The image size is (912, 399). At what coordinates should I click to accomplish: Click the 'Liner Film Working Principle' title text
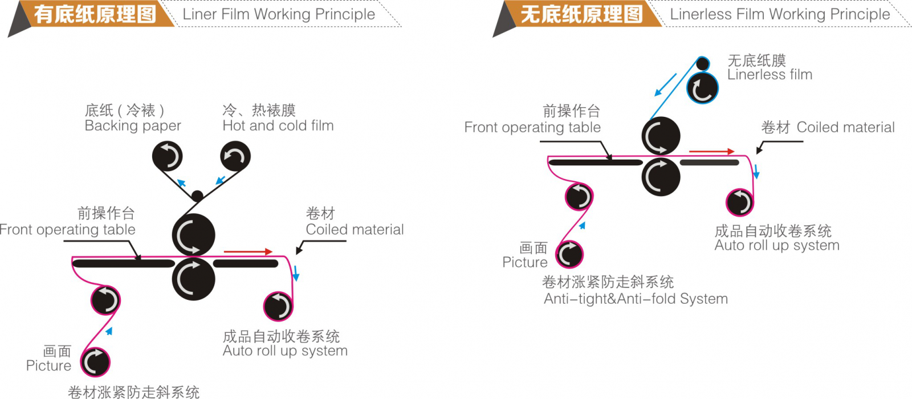tap(279, 14)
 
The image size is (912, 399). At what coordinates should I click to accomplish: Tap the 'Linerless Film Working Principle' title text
tap(779, 14)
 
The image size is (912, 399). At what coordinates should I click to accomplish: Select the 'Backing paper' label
tap(133, 126)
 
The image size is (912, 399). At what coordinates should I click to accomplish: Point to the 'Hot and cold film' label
tap(278, 126)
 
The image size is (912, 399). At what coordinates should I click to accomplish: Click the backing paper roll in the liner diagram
tap(167, 156)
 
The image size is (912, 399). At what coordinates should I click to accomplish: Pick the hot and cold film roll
tap(235, 156)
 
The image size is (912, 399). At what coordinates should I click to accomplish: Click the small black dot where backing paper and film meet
tap(197, 196)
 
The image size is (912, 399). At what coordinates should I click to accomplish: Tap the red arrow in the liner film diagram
tap(248, 251)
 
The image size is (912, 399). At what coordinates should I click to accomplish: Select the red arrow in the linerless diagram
tap(711, 152)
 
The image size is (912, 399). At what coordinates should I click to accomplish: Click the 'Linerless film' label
tap(769, 75)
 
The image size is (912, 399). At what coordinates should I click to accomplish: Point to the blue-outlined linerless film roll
tap(702, 88)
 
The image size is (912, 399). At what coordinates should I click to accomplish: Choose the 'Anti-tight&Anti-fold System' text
tap(636, 299)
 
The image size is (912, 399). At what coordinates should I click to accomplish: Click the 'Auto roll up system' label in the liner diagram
tap(285, 351)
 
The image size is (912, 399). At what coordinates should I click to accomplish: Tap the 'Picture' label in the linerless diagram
tap(524, 262)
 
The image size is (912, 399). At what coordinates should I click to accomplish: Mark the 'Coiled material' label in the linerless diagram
tap(845, 128)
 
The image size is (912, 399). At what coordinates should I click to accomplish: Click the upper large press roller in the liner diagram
tap(193, 235)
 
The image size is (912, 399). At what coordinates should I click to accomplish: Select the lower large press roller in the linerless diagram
tap(661, 177)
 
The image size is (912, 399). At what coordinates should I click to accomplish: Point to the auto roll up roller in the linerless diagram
tap(740, 202)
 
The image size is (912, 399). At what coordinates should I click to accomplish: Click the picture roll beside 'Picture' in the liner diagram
tap(95, 362)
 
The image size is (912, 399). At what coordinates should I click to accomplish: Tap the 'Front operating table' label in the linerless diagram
tap(532, 128)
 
